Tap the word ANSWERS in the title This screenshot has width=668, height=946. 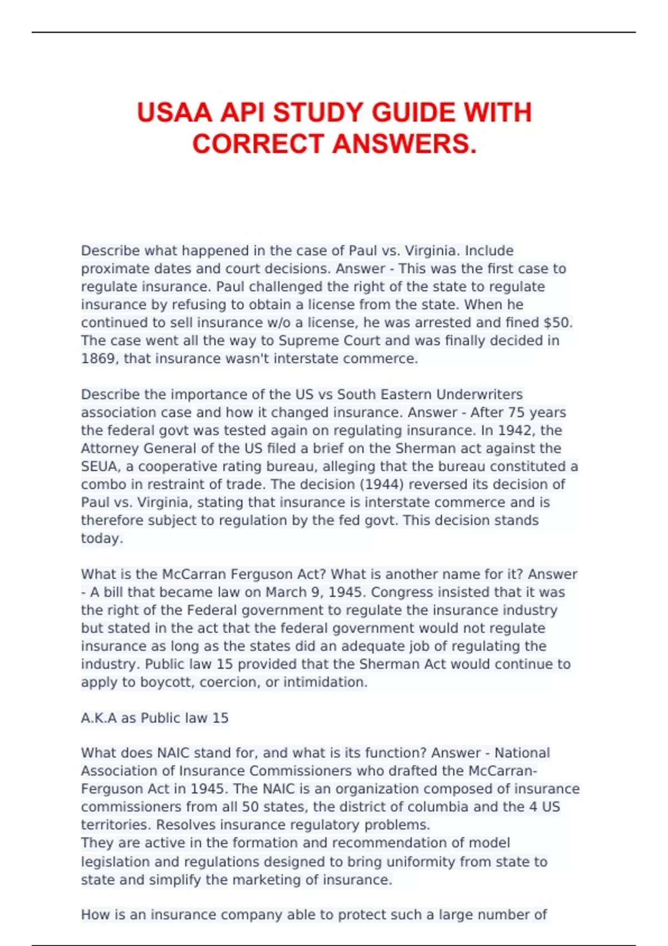click(x=405, y=144)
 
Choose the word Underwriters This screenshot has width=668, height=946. click(x=479, y=395)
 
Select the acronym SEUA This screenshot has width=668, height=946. click(x=99, y=466)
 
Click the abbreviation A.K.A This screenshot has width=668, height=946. click(x=99, y=718)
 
